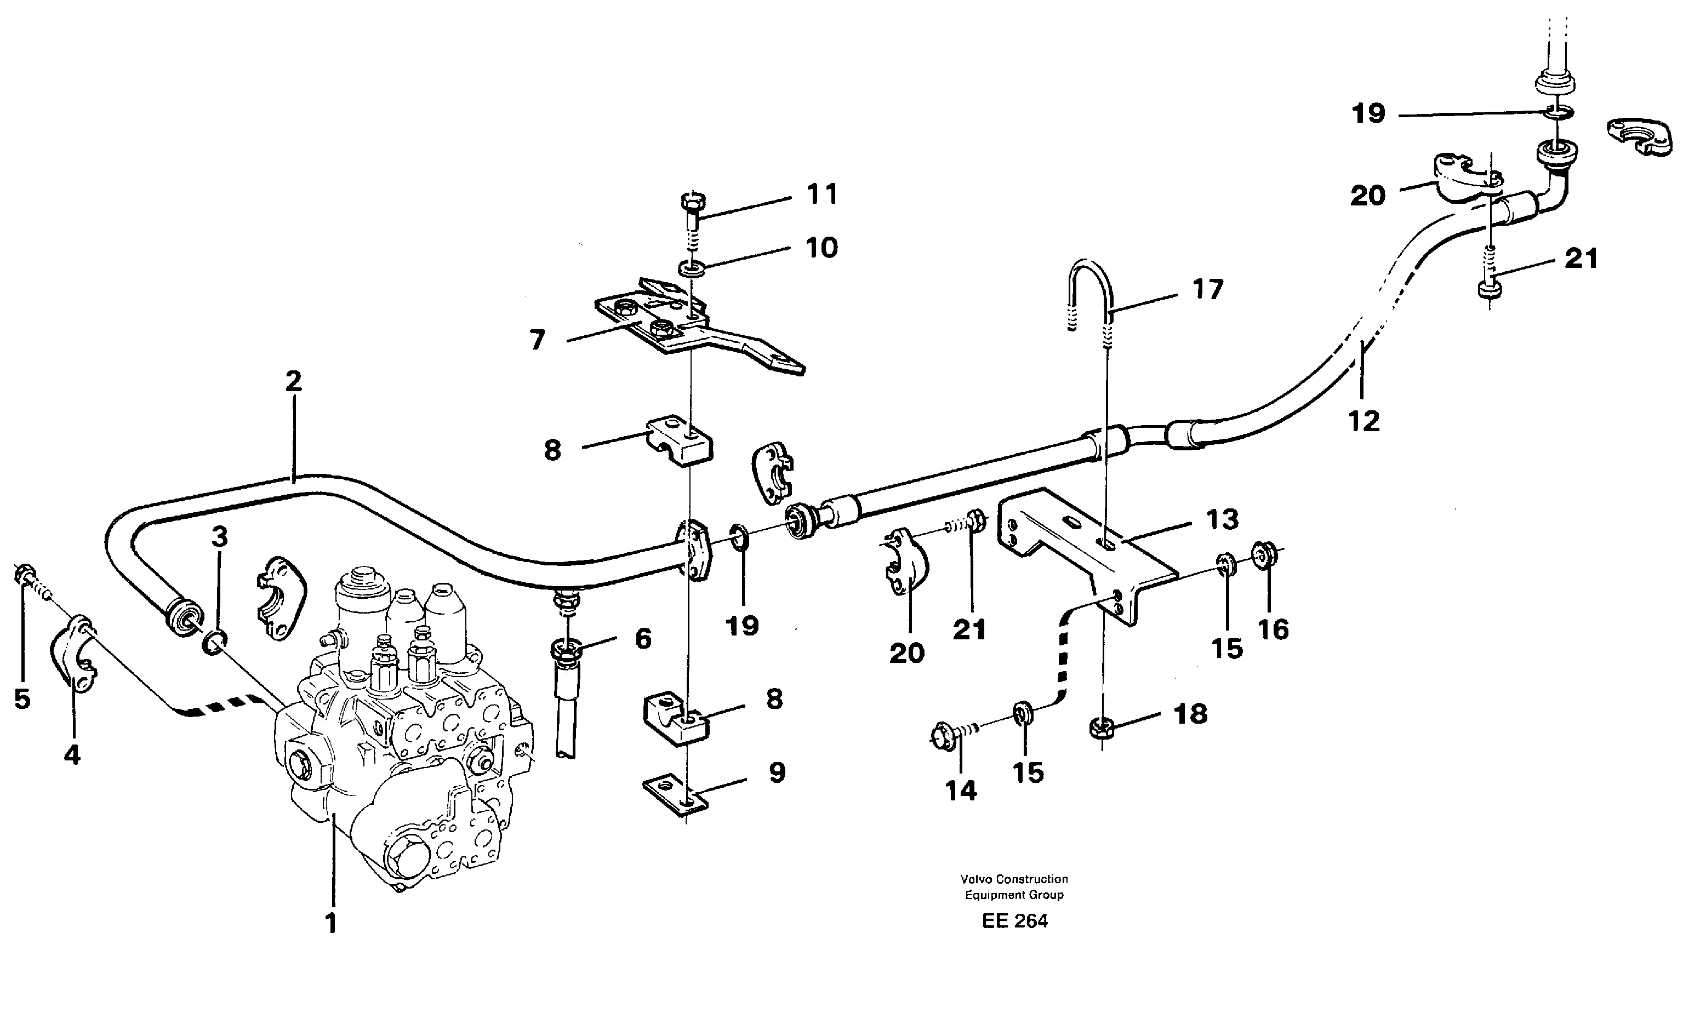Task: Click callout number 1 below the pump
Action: (330, 923)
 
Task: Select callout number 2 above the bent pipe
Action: (294, 381)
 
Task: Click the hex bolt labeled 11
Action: (694, 205)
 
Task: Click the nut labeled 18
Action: (1101, 729)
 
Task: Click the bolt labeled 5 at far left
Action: (25, 576)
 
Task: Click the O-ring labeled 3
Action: (216, 643)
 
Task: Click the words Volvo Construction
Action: (1014, 879)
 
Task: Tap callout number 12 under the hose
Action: (1364, 421)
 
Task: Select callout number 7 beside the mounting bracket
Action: (538, 340)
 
